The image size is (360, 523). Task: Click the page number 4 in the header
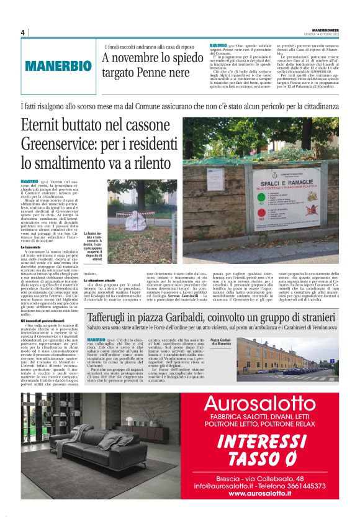(x=22, y=32)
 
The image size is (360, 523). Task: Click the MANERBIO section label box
(x=58, y=65)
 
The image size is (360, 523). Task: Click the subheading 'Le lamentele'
(x=32, y=247)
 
